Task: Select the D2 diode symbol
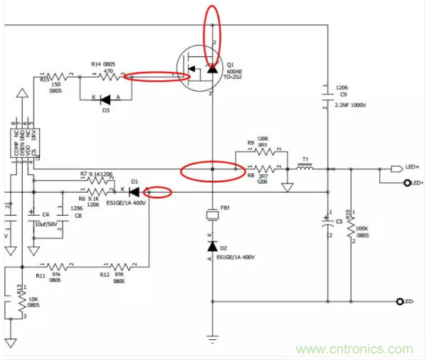click(x=212, y=245)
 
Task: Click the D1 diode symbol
click(x=135, y=191)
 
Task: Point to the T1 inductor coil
click(x=305, y=169)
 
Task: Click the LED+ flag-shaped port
click(x=396, y=169)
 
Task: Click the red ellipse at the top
click(x=212, y=33)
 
